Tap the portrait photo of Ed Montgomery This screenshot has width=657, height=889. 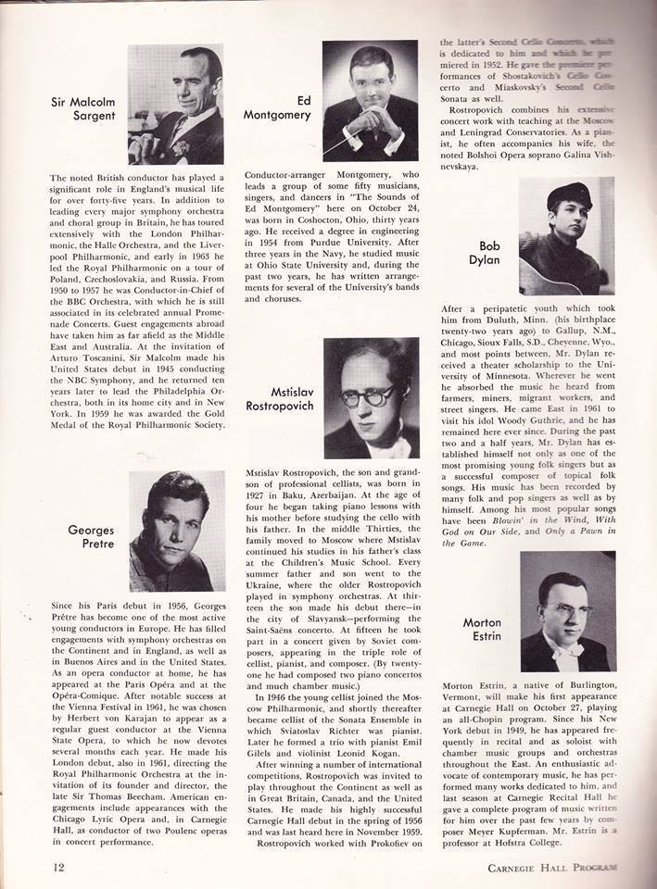[x=369, y=101]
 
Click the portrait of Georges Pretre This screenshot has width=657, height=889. [x=176, y=531]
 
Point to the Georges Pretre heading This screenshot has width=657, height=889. [x=91, y=537]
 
